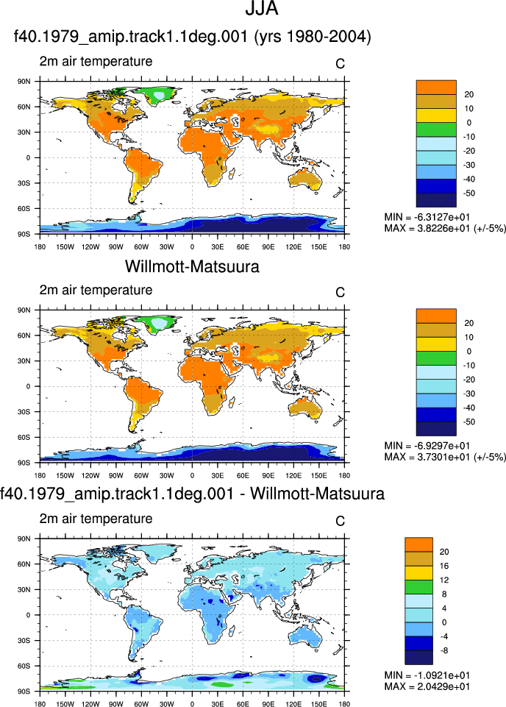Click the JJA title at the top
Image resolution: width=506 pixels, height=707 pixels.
coord(261,9)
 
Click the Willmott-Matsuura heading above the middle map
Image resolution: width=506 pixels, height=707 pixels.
coord(193,266)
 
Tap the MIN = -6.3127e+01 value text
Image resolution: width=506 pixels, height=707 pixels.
coord(427,217)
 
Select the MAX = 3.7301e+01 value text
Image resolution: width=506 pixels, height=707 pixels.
coord(427,457)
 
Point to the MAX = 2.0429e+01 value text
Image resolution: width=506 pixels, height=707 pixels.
coord(427,686)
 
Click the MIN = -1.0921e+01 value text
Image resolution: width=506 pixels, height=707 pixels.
coord(427,675)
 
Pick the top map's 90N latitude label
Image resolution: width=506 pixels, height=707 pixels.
coord(24,82)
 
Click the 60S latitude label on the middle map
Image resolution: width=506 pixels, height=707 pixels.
coord(24,437)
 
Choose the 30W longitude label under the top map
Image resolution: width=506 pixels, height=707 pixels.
coord(166,247)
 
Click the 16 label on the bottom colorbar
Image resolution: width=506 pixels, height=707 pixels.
coord(444,566)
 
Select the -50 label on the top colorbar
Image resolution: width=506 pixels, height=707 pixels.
coord(468,193)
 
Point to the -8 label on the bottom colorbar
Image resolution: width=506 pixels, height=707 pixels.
coord(444,650)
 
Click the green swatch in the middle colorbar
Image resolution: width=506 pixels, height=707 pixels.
coord(436,358)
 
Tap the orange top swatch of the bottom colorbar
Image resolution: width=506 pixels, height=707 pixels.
coord(418,544)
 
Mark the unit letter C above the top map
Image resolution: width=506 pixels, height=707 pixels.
coord(341,64)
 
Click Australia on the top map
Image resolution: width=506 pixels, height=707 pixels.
coord(305,180)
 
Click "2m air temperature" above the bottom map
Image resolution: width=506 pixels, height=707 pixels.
coord(96,519)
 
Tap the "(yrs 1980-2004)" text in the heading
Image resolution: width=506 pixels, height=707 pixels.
coord(313,37)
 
